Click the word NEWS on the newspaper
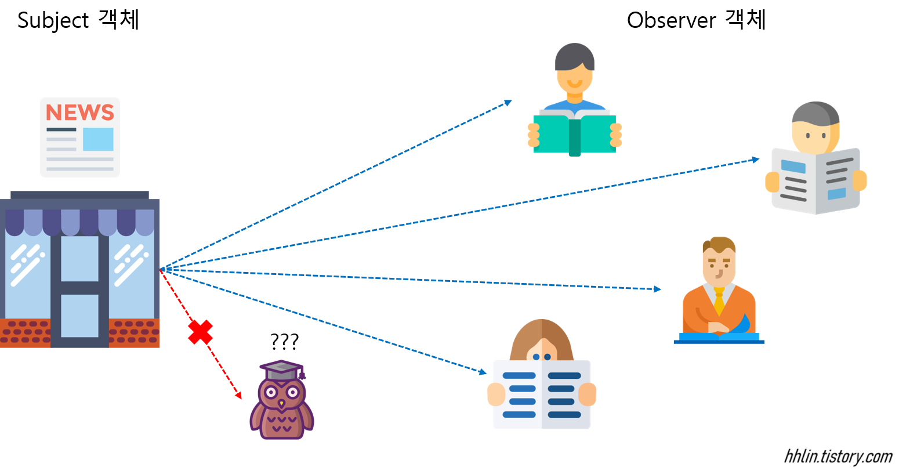tap(79, 112)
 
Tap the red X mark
tap(200, 332)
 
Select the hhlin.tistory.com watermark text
tap(838, 456)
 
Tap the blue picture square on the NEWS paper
tap(98, 139)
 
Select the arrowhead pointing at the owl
tap(238, 396)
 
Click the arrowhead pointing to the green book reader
tap(508, 103)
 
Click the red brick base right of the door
tap(134, 333)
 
